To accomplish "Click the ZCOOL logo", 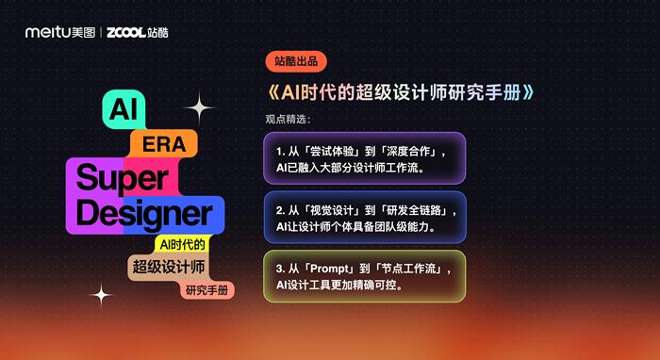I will [138, 32].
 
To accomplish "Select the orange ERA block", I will [163, 144].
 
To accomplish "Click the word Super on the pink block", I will [121, 176].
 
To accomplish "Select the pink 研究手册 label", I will [207, 289].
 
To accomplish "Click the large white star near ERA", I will [199, 108].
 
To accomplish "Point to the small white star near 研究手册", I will [101, 295].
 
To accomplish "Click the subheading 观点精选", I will [288, 120].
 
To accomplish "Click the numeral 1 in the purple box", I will [279, 151].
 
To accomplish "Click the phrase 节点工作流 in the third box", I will [414, 269].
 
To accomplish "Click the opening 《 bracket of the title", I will [272, 93].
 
